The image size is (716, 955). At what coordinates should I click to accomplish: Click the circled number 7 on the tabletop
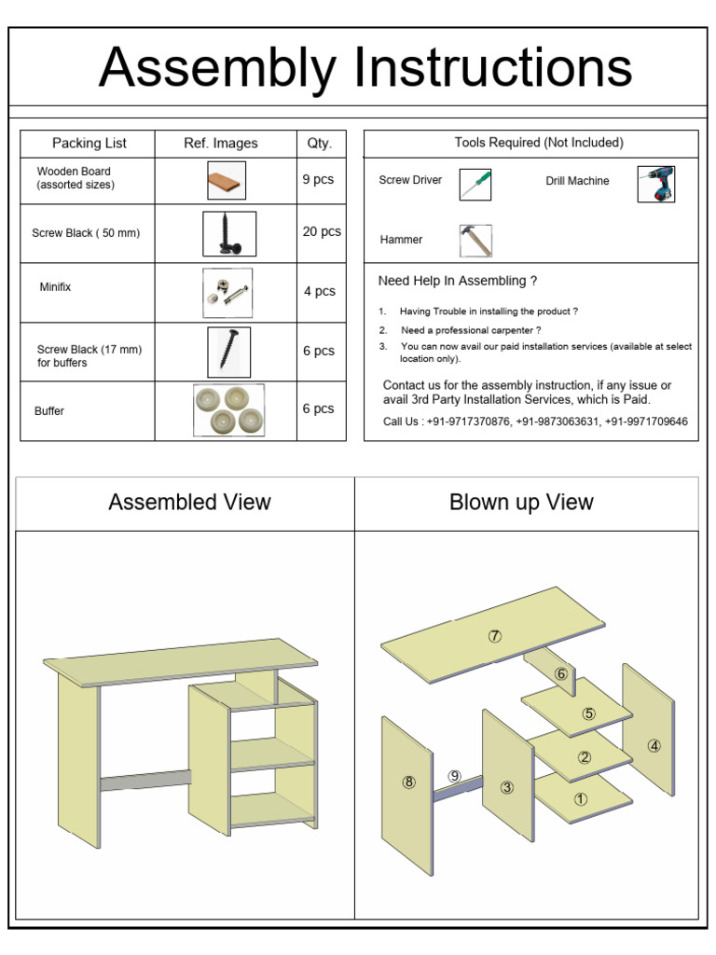pyautogui.click(x=494, y=636)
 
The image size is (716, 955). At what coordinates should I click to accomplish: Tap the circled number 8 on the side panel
pyautogui.click(x=408, y=782)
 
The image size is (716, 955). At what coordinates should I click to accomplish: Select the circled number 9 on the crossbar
pyautogui.click(x=454, y=776)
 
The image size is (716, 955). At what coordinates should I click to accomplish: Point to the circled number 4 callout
pyautogui.click(x=654, y=745)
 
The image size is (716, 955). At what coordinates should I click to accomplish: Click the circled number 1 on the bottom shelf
pyautogui.click(x=581, y=798)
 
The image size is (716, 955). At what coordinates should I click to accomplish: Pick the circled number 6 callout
pyautogui.click(x=561, y=673)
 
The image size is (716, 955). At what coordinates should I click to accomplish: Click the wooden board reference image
pyautogui.click(x=227, y=180)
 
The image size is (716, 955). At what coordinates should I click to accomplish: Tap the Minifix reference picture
pyautogui.click(x=227, y=292)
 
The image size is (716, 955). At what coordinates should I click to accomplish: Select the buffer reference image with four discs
pyautogui.click(x=228, y=409)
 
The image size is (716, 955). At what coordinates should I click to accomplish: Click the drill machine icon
pyautogui.click(x=656, y=184)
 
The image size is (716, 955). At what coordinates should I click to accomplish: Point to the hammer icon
pyautogui.click(x=475, y=241)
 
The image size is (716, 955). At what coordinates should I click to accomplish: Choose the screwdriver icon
pyautogui.click(x=475, y=183)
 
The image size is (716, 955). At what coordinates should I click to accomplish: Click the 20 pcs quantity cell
pyautogui.click(x=322, y=232)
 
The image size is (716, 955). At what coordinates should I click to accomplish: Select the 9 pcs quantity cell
pyautogui.click(x=318, y=179)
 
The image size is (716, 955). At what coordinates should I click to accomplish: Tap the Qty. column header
pyautogui.click(x=320, y=144)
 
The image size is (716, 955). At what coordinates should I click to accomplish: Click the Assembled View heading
pyautogui.click(x=189, y=503)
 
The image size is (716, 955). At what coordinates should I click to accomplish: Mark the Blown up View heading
pyautogui.click(x=521, y=503)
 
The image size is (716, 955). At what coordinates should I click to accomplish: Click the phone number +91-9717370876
pyautogui.click(x=466, y=422)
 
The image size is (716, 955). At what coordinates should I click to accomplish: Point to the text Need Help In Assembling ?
pyautogui.click(x=457, y=281)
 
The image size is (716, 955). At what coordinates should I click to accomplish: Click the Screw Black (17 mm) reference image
pyautogui.click(x=227, y=352)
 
